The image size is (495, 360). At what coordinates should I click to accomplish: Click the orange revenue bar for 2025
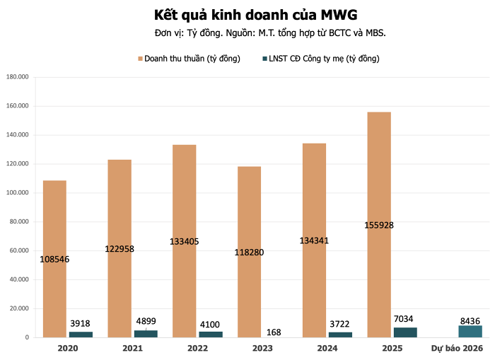379,177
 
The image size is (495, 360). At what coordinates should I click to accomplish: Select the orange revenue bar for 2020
54,212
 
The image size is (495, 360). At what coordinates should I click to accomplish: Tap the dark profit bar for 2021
146,334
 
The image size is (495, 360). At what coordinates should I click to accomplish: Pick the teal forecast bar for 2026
470,331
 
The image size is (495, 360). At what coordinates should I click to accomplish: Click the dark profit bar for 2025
405,332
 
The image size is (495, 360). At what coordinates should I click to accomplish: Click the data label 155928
379,225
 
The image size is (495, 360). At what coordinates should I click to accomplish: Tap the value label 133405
185,241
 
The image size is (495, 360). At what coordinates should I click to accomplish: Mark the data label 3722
340,324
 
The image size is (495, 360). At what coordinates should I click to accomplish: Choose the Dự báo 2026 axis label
457,348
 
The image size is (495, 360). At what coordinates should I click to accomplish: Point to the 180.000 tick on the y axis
17,77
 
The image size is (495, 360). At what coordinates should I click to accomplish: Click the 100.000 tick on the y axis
17,192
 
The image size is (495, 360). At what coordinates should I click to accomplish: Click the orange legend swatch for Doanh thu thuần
140,59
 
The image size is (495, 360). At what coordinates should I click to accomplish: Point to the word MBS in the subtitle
373,33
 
